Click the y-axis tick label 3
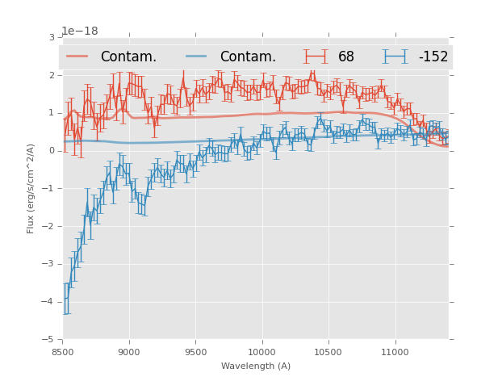(52, 37)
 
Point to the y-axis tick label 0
(52, 151)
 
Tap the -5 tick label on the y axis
(49, 340)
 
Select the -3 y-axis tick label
(49, 264)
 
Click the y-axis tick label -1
(49, 189)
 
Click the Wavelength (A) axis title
(256, 366)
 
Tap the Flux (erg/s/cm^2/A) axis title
(31, 188)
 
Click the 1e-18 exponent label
(80, 31)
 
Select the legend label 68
(346, 57)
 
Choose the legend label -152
(433, 57)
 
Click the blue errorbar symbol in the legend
(395, 57)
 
